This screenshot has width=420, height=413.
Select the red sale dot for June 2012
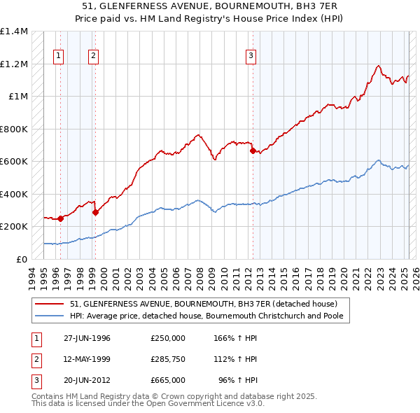tap(252, 150)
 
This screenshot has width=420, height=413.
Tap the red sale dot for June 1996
tap(61, 218)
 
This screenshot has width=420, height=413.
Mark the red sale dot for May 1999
tap(95, 212)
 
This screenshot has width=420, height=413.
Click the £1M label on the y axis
tap(18, 97)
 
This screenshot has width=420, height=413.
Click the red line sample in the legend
tap(49, 304)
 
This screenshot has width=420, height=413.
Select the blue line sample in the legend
tap(49, 316)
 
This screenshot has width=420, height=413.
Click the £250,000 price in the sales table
tap(167, 338)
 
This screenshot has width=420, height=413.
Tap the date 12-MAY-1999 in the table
tap(87, 359)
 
